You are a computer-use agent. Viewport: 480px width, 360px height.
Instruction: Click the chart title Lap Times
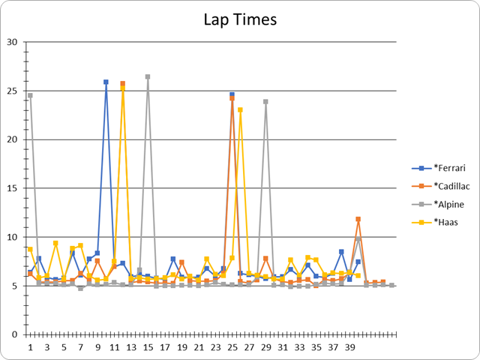coord(239,20)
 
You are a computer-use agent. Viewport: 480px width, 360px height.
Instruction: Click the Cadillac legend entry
coord(442,186)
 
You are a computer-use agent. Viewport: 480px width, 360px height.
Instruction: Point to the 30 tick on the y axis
coord(11,42)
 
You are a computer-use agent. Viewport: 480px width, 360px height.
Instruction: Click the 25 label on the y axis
coord(11,91)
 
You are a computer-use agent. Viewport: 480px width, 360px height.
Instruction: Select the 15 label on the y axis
coord(11,188)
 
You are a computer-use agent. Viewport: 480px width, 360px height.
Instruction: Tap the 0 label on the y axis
coord(13,334)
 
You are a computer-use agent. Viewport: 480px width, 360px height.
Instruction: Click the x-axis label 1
coord(31,347)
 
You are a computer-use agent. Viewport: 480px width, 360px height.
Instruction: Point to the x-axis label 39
coord(349,347)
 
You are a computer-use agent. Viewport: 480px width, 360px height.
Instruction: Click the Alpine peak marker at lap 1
coord(31,95)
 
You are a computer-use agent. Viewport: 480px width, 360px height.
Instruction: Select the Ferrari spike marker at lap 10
coord(106,82)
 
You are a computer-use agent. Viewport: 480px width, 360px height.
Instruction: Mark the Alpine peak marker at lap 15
coord(148,76)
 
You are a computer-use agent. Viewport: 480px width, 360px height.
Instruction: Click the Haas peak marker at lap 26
coord(241,109)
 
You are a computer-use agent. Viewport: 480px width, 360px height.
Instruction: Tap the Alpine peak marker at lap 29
coord(265,101)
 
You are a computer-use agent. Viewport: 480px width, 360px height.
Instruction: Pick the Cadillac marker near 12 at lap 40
coord(358,219)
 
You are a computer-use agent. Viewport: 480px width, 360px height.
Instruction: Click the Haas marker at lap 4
coord(55,243)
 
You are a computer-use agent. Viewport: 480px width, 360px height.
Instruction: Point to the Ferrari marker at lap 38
coord(341,252)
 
